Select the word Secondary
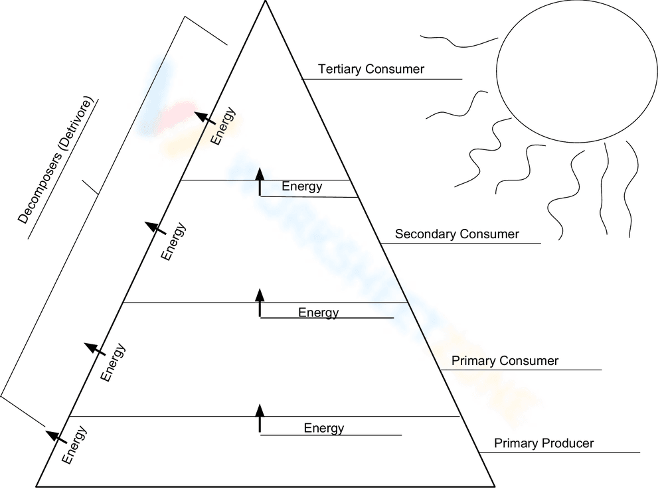(x=424, y=234)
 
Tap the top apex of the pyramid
(x=266, y=2)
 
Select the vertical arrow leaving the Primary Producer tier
(x=260, y=418)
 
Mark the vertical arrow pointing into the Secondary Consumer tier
(x=260, y=303)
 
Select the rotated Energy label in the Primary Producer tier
(x=74, y=445)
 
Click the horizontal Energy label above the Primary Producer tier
(x=324, y=428)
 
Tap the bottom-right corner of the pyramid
(x=495, y=486)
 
